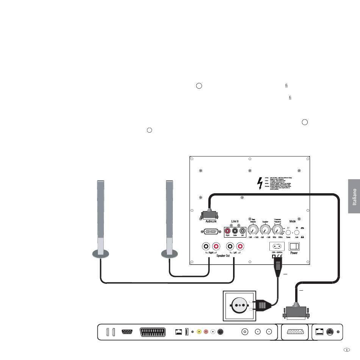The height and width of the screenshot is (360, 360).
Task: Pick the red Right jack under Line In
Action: point(228,230)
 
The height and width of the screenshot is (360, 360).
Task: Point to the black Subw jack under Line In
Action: point(235,230)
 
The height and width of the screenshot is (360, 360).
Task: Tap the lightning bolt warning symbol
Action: point(260,183)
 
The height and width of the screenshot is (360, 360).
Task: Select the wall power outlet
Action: point(241,304)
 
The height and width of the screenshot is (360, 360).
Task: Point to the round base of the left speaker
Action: point(101,254)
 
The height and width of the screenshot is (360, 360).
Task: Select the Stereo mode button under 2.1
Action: point(288,233)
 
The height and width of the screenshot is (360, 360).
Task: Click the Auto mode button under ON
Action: point(297,233)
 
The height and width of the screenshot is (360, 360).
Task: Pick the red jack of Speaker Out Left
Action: point(239,247)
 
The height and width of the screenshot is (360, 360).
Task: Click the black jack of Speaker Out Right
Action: point(207,247)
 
